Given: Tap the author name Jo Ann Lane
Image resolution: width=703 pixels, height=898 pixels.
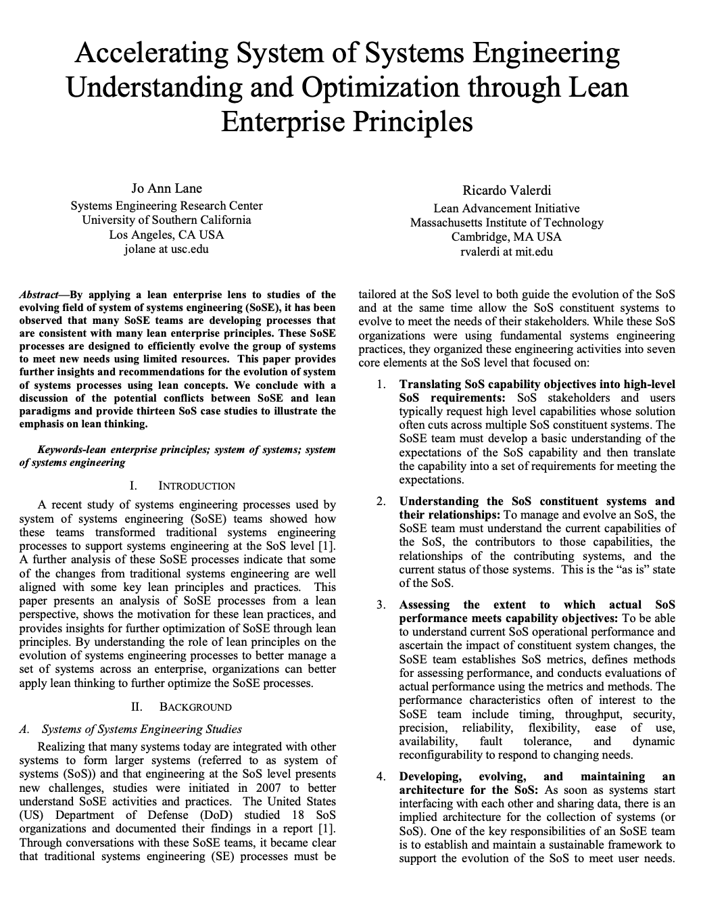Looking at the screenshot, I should (x=166, y=188).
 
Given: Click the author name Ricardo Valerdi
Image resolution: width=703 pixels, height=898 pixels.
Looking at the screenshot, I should (x=507, y=190).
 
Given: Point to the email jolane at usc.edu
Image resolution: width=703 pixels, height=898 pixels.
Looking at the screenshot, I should (x=166, y=249).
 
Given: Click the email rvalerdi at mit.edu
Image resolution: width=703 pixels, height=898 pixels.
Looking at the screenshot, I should (x=506, y=252).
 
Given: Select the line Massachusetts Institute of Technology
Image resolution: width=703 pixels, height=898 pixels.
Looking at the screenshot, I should (x=506, y=222).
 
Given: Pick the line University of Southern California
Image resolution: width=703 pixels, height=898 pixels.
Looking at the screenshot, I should (x=166, y=220).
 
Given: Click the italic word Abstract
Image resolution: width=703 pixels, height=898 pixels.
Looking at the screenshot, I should (x=38, y=295).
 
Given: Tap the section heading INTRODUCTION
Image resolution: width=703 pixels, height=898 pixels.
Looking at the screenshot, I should (x=197, y=486).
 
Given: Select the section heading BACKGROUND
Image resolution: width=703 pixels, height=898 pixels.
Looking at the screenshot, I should (x=195, y=707).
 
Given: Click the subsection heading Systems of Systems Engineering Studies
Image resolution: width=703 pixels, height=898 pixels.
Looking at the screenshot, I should (x=142, y=729).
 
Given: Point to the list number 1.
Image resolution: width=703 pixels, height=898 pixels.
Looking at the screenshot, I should (x=382, y=385).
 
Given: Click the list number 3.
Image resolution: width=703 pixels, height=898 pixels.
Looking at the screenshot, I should (x=382, y=605).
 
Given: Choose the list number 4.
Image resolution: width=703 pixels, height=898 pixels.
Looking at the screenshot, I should (x=382, y=776).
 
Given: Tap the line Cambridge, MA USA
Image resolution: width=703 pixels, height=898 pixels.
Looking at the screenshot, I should (x=506, y=237).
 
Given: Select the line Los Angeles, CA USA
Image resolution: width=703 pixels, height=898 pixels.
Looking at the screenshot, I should (x=166, y=235).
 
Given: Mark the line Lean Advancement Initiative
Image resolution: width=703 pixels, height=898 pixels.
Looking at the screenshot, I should (x=506, y=208).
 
